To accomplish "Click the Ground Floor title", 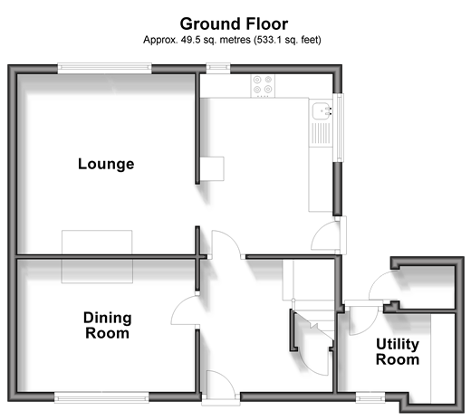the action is coord(234,24).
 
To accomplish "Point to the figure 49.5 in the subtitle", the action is coord(190,40).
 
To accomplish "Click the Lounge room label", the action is coord(106,165).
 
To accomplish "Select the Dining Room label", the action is coord(108,325).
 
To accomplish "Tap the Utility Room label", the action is coord(398,352).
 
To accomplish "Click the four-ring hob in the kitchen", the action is coord(263,86).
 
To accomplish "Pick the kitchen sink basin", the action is coord(322,110).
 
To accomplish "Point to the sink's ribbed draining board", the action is coord(321,133).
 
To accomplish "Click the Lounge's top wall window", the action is coord(104,68).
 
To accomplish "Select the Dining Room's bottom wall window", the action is coord(101,397).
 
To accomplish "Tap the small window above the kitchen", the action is coord(218,68).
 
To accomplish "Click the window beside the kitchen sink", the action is coord(339,128).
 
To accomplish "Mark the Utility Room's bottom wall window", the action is coord(370,397).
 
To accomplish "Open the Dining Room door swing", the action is coord(185,310).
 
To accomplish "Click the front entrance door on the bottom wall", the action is coord(221,387).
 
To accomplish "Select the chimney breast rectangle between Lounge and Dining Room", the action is coord(97,257).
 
